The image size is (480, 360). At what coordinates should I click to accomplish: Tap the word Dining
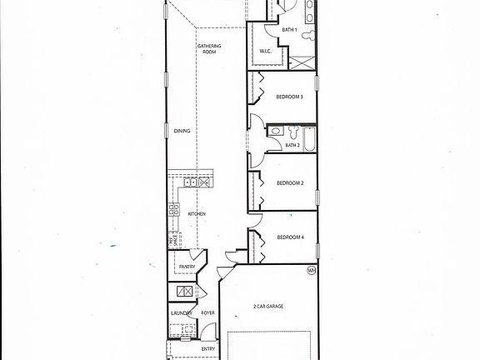tap(182, 131)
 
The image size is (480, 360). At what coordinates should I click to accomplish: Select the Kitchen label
tap(197, 214)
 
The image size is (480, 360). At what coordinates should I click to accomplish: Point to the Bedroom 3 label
tap(289, 97)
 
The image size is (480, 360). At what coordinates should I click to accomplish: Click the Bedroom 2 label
tap(289, 182)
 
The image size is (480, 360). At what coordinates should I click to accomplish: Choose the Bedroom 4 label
tap(290, 237)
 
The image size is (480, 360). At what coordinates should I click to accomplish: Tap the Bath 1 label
tap(289, 30)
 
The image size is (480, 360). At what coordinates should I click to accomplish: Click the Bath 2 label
tap(292, 145)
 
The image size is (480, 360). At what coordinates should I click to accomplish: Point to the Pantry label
tap(187, 267)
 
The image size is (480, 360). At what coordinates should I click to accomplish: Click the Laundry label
tap(181, 313)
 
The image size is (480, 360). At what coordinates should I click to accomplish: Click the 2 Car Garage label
tap(268, 307)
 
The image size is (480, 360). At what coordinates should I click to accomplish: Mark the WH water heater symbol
tap(311, 270)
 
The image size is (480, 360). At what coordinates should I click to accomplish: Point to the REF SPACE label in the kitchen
tap(171, 240)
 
